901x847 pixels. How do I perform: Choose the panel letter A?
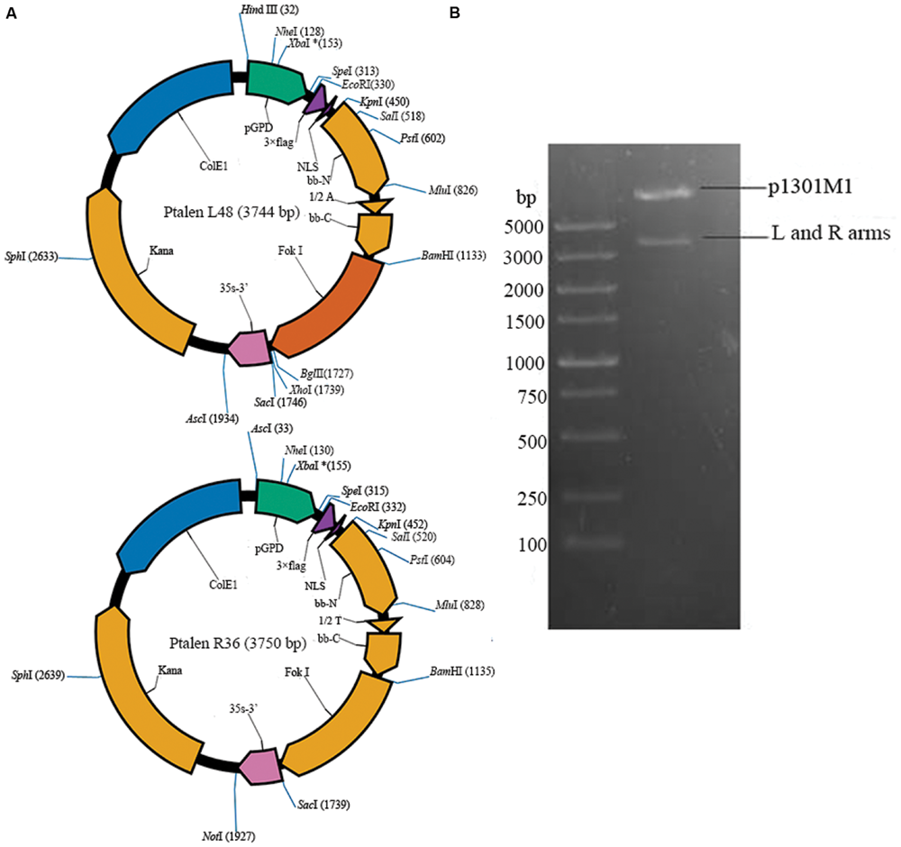point(11,12)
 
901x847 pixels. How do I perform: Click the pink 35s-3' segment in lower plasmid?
point(259,767)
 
